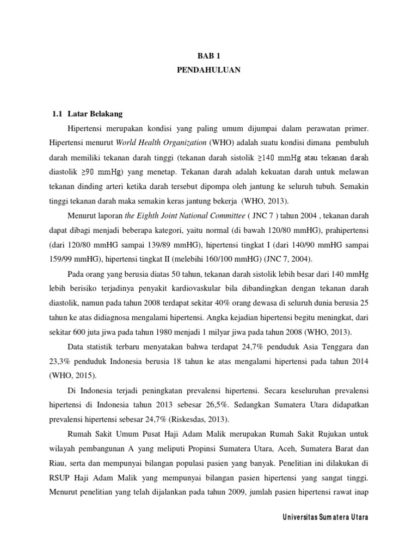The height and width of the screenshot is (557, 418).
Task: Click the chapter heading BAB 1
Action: coord(208,55)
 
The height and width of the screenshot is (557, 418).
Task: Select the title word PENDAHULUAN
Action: coord(208,70)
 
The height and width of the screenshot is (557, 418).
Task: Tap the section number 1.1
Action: coord(57,114)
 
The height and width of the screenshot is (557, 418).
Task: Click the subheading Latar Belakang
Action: coord(95,114)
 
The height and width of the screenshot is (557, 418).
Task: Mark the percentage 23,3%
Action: coord(59,360)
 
